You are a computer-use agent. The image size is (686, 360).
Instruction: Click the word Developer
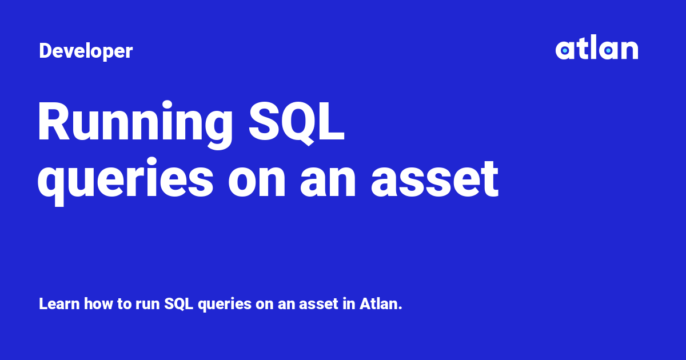coord(86,51)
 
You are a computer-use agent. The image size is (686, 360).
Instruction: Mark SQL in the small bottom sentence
coord(176,303)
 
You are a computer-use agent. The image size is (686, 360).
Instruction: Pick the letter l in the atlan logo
coord(590,49)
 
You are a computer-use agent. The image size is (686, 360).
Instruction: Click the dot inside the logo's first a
coord(565,51)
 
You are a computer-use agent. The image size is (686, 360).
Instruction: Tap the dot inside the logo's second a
coord(608,51)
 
